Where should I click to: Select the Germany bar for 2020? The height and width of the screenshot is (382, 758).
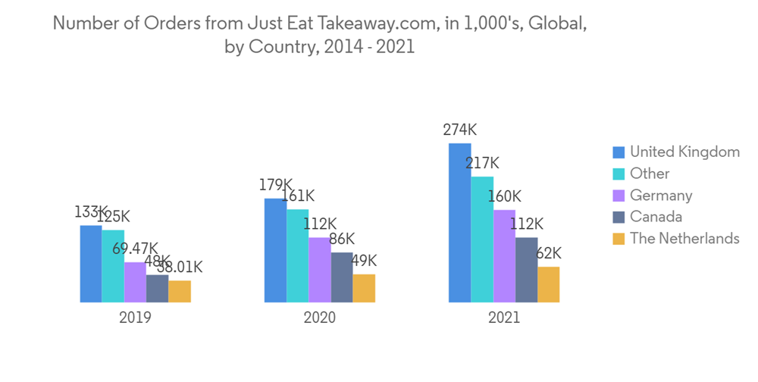[x=320, y=270]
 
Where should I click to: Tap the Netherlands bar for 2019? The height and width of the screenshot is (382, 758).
[x=180, y=291]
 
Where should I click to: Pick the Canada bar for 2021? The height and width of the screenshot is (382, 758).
[x=526, y=270]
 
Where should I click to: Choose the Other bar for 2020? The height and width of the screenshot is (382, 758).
[x=298, y=255]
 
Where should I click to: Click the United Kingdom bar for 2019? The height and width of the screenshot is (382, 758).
[x=91, y=263]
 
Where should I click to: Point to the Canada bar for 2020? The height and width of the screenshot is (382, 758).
[x=342, y=277]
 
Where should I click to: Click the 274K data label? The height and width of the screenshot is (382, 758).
[x=461, y=130]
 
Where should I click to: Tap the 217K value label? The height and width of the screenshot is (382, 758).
[x=483, y=163]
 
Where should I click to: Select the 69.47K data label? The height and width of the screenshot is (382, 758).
[x=135, y=249]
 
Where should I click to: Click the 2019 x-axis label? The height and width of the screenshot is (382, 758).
[x=135, y=318]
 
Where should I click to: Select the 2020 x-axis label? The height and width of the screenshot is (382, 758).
[x=320, y=318]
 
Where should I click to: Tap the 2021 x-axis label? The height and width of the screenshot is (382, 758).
[x=504, y=318]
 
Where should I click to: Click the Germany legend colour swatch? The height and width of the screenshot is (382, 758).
[x=619, y=196]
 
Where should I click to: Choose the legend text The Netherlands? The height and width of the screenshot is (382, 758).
[x=684, y=239]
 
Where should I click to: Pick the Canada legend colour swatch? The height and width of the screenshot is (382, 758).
[x=619, y=218]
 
